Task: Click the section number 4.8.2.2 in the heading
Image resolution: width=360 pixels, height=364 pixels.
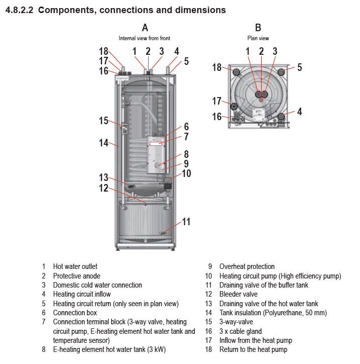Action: point(20,10)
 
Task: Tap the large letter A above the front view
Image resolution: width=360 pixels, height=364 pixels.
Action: point(145,28)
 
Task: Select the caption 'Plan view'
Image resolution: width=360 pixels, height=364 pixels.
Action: point(258,38)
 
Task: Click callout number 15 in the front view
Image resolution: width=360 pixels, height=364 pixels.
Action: point(103,121)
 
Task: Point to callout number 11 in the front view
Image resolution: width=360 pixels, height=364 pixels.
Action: point(186,222)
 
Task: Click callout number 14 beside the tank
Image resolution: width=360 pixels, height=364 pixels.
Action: point(103,143)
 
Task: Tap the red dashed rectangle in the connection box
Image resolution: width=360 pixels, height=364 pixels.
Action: point(156,144)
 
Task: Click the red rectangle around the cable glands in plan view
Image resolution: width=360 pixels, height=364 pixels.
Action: point(237,119)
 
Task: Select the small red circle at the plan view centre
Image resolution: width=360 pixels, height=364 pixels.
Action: point(261,100)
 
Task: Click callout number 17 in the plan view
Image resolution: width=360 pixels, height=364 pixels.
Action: point(217,101)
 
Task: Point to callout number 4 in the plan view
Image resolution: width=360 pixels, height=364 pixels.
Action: point(299,112)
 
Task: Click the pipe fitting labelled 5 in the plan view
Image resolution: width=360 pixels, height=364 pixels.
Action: point(281,72)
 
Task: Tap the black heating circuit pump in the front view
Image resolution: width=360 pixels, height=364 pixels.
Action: point(168,186)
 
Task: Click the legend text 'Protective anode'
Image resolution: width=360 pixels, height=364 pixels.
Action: point(77,276)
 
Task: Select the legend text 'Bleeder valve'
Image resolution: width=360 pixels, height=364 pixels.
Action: point(238,294)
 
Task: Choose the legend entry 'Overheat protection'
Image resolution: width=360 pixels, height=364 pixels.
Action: point(247,266)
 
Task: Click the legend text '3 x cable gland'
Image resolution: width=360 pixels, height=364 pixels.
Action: point(241,331)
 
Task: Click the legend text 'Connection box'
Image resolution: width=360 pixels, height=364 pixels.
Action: point(75,313)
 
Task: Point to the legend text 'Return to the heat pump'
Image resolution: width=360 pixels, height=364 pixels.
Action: point(254,349)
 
